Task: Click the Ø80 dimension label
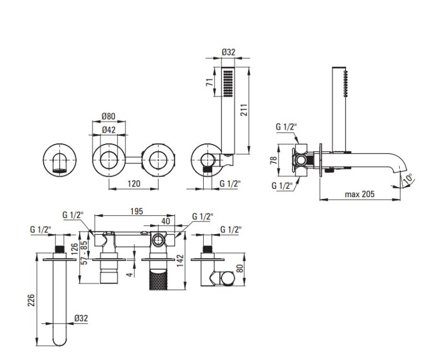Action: (x=109, y=116)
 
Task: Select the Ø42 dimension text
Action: (x=109, y=130)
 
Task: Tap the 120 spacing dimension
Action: (x=133, y=184)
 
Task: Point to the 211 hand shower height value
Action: (x=244, y=110)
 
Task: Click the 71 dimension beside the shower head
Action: (x=209, y=82)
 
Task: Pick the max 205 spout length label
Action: (x=359, y=194)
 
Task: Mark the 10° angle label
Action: (x=407, y=179)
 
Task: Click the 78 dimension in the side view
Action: (x=274, y=160)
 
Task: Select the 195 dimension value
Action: (x=137, y=211)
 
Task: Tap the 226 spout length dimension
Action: (x=31, y=301)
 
